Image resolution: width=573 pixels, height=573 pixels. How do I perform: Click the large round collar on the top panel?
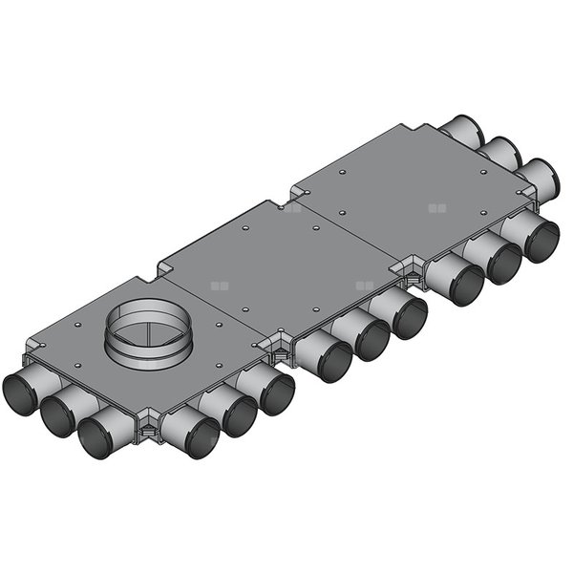pyautogui.click(x=146, y=329)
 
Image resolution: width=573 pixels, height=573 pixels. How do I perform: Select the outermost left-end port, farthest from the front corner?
pyautogui.click(x=20, y=393)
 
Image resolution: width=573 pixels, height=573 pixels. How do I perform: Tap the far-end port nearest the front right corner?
pyautogui.click(x=540, y=176)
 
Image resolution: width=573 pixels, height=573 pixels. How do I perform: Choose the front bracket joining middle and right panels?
pyautogui.click(x=412, y=271)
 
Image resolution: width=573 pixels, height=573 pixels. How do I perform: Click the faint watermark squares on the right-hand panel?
pyautogui.click(x=436, y=206)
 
